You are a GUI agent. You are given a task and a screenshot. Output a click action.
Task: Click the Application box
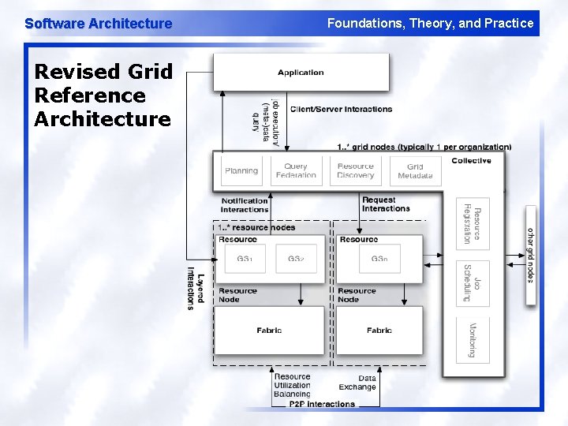(301, 73)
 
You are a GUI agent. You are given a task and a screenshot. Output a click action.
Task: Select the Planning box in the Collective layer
(241, 170)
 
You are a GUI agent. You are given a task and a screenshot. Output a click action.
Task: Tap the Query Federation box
(296, 170)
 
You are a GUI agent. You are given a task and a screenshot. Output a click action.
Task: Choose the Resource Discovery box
(355, 170)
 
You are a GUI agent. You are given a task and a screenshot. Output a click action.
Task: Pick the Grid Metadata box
(415, 170)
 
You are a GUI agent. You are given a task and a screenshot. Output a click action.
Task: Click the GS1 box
(245, 260)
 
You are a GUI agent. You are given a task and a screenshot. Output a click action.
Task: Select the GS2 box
(296, 260)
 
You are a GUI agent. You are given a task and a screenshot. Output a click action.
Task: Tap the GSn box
(379, 260)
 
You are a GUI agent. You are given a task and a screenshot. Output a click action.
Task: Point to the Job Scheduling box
(472, 282)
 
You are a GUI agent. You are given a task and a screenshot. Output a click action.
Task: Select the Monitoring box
(472, 340)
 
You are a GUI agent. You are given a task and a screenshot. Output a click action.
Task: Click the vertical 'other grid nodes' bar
(530, 255)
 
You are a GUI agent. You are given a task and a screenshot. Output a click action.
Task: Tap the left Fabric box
(269, 331)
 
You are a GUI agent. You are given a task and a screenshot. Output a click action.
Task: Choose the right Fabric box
(379, 331)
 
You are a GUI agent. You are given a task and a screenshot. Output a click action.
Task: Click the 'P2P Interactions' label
(322, 404)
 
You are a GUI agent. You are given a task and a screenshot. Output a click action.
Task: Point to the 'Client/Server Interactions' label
(341, 109)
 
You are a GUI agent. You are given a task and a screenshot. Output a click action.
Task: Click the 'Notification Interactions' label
(245, 205)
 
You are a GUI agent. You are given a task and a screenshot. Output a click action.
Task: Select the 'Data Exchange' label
(357, 383)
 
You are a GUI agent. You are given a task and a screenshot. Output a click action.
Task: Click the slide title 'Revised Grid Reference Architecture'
(103, 95)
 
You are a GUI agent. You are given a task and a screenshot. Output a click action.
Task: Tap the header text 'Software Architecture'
(98, 24)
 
